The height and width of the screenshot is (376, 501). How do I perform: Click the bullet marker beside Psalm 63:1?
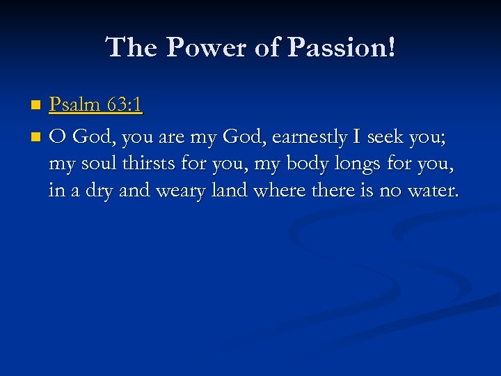click(36, 106)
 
